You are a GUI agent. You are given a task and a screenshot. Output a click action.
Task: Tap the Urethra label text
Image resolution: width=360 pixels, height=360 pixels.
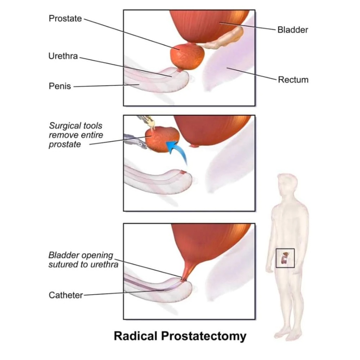click(63, 56)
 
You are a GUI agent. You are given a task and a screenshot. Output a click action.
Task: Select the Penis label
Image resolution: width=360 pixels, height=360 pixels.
click(60, 86)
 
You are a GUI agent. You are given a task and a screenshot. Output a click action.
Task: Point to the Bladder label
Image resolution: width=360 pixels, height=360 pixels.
click(293, 30)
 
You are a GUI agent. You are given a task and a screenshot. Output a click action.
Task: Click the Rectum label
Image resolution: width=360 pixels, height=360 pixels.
click(293, 80)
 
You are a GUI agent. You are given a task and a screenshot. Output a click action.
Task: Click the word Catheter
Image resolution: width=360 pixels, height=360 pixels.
click(66, 295)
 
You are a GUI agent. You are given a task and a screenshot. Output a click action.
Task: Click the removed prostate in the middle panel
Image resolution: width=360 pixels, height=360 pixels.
click(162, 139)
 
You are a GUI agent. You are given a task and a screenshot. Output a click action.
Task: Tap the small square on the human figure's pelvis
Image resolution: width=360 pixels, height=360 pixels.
click(285, 258)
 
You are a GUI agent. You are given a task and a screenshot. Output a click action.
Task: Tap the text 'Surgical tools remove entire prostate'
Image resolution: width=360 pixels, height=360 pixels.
click(76, 135)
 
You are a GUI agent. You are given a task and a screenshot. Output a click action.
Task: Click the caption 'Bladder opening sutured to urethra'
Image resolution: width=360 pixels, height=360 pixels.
click(83, 260)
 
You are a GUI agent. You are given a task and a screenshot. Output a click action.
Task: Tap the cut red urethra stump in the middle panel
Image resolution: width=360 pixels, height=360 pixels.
click(184, 172)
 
